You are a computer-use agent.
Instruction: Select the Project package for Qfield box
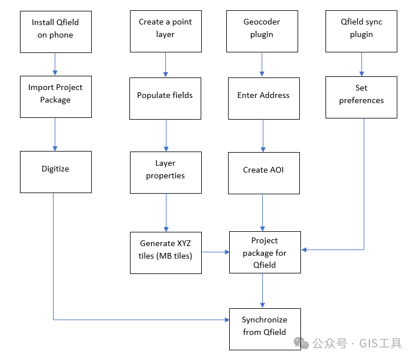tap(265, 252)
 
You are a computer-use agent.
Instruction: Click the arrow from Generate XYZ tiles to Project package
tap(215, 251)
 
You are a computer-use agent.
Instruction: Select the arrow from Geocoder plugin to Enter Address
tap(262, 64)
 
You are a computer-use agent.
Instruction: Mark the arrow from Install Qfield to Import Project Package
tap(55, 64)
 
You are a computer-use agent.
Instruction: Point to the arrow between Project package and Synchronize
tap(263, 291)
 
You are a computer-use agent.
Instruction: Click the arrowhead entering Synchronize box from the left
tap(225, 320)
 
